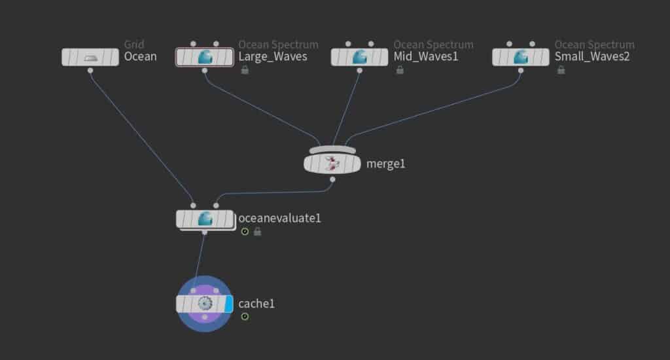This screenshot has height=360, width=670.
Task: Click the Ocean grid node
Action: pos(90,57)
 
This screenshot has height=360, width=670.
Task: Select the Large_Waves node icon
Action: pos(205,57)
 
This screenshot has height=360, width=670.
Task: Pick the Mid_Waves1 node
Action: pos(359,57)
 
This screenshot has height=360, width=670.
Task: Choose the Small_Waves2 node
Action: pos(520,57)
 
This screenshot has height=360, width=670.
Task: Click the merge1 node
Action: pos(332,164)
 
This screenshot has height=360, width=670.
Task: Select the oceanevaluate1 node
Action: pos(205,219)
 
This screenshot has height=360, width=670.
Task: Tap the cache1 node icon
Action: pos(205,304)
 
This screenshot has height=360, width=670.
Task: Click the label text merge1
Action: pos(385,164)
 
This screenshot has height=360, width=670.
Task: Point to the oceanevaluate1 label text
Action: pos(279,219)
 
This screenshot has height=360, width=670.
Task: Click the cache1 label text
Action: pos(256,304)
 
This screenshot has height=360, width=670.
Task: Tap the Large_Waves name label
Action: pos(273,56)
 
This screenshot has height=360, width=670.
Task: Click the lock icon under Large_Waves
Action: pos(245,69)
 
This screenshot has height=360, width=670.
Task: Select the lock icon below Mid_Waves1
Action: pos(400,69)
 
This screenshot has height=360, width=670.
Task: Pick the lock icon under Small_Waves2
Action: pos(561,69)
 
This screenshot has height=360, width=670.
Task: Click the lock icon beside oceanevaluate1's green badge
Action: pos(257,231)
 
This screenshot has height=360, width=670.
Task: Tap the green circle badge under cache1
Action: pos(245,316)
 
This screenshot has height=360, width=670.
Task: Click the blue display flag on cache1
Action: pos(228,304)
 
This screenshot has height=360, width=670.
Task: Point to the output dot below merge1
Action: pos(332,179)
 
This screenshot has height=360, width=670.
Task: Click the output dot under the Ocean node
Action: pos(90,71)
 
